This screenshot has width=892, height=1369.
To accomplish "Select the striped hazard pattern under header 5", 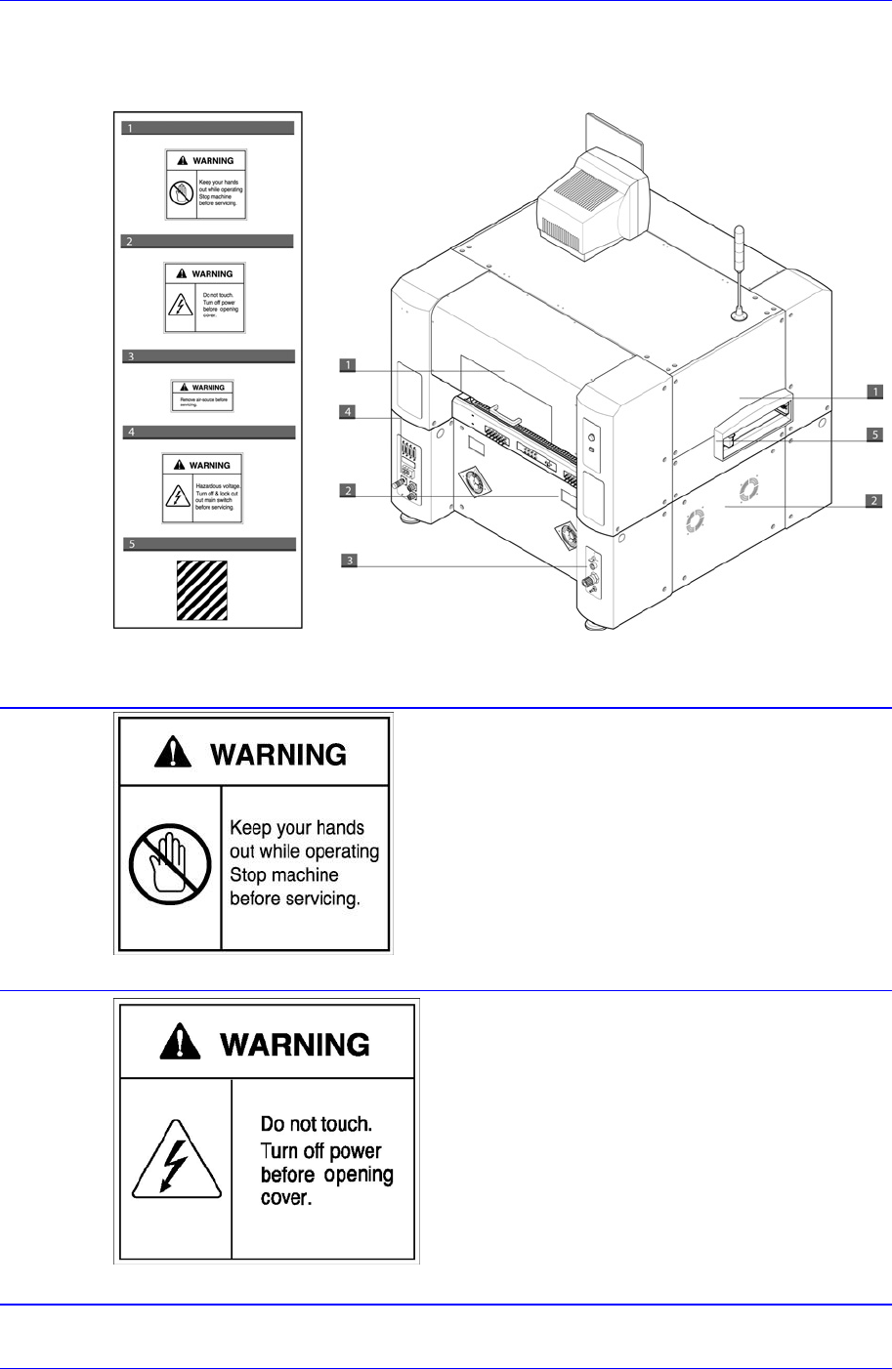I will click(201, 590).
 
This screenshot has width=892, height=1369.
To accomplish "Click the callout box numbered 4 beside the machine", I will click(348, 412).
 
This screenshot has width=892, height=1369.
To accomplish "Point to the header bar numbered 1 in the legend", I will click(207, 128).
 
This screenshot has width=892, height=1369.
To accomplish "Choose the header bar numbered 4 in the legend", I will click(207, 431).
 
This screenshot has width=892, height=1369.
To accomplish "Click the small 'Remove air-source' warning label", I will click(202, 394).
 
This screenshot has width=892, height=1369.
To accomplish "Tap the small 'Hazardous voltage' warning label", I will click(202, 486).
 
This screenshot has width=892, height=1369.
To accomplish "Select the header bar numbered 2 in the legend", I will click(207, 240).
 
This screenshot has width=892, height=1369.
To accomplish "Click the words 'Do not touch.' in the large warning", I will click(316, 1124).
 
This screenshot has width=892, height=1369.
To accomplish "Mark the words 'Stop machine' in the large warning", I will click(283, 875).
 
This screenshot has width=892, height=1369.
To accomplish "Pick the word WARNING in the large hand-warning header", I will click(278, 755).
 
